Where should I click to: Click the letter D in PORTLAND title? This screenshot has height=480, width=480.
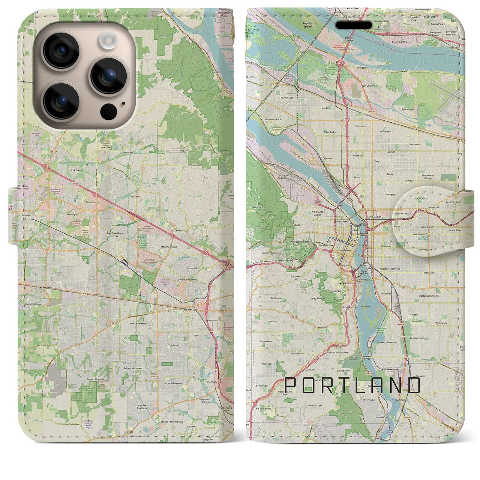coord(414,385)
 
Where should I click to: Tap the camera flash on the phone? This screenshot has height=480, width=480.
coord(109,39)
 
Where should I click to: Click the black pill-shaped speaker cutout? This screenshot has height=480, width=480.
coord(354,25)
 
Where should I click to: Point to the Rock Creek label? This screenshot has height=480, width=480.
coord(76,170)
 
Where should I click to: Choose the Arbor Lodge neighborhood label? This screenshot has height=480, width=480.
coord(330,132)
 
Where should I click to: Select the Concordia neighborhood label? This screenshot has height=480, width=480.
coord(415,144)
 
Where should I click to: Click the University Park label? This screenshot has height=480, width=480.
coord(273,119)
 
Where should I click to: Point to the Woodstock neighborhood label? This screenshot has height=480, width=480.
coord(441,323)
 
